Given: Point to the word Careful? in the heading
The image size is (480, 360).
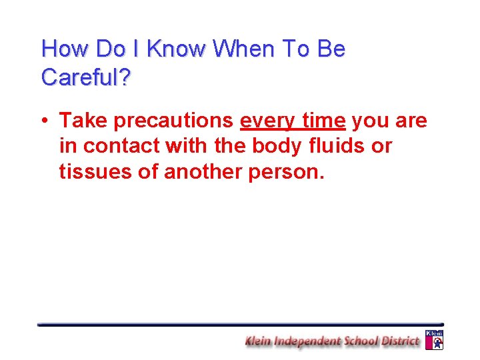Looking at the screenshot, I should point(86,77).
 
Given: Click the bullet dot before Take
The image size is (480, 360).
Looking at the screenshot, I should point(43,121).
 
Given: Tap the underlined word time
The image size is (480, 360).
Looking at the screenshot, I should point(324,121).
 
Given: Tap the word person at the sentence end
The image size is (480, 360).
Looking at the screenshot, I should point(286,172).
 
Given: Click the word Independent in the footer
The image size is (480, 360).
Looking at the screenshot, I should point(308,341).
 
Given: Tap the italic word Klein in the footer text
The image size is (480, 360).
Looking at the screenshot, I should point(259,341).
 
